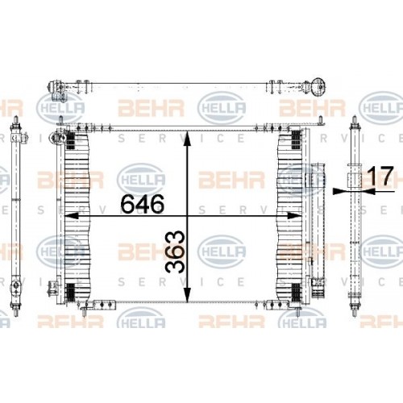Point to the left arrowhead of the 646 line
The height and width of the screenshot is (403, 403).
[x=68, y=216]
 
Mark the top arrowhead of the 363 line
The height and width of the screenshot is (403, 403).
[x=188, y=135]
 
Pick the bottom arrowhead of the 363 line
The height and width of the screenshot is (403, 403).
[x=188, y=298]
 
